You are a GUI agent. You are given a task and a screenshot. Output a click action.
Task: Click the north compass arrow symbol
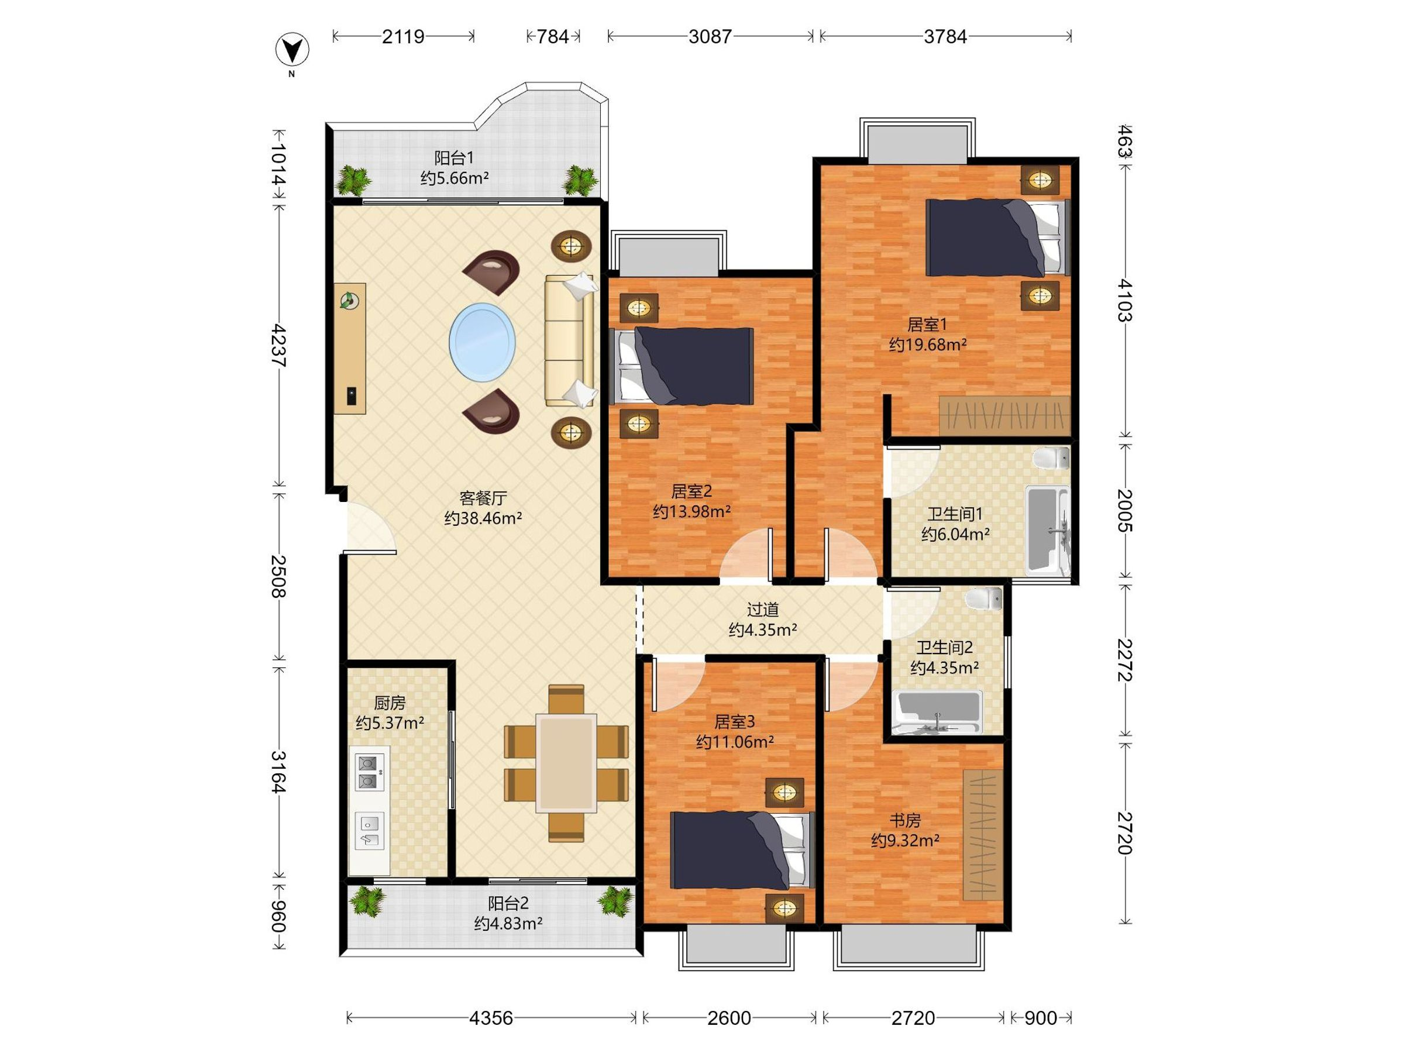(x=291, y=50)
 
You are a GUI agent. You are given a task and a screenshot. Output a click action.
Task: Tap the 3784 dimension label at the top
(x=945, y=37)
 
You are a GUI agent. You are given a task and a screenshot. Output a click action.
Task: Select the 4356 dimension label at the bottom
(x=491, y=1018)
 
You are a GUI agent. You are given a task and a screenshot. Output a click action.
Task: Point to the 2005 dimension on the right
(x=1124, y=510)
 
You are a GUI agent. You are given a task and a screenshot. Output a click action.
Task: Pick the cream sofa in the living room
(x=570, y=340)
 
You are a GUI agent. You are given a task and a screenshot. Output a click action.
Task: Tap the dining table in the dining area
(x=566, y=763)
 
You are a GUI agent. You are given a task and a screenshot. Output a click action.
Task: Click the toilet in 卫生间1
(x=1051, y=458)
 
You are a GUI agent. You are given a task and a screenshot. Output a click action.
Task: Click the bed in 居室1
(x=998, y=238)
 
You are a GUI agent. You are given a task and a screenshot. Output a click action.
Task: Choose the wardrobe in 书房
(x=983, y=834)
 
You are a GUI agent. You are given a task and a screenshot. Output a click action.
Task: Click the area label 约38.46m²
(x=483, y=518)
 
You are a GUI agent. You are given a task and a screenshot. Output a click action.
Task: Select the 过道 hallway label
(x=762, y=610)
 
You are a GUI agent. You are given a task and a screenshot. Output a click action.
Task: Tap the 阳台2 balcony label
(x=508, y=903)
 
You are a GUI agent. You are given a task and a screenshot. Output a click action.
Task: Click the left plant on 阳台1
(x=353, y=180)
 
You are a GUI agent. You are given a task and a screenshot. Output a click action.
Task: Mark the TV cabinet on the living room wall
(x=350, y=349)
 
